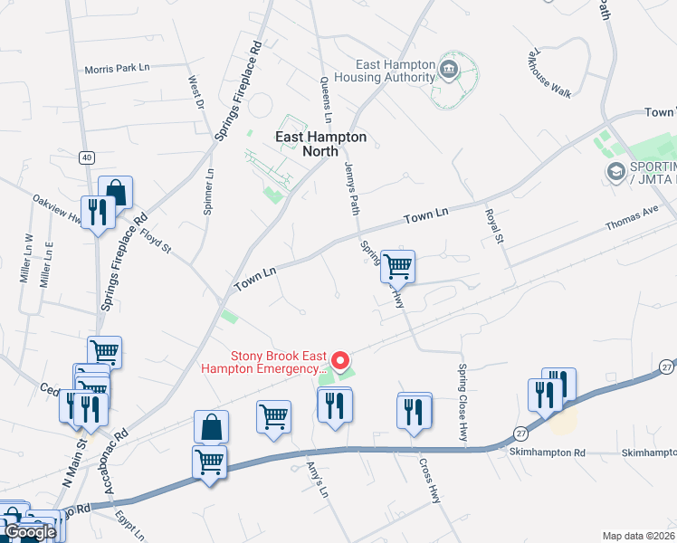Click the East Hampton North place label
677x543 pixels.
point(321,144)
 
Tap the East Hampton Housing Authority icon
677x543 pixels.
point(448,69)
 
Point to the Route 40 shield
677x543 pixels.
point(86,157)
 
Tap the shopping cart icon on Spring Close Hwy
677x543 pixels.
point(398,266)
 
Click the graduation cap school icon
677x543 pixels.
point(616,170)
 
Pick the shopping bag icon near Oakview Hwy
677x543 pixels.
point(116,191)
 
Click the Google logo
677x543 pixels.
point(30,532)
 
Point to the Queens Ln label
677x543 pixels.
point(326,99)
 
